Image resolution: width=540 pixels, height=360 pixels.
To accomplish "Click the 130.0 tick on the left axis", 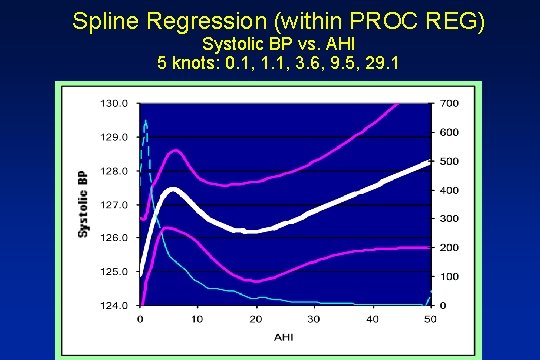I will click(113, 103).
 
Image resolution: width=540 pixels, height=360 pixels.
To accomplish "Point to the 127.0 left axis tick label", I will click(113, 204).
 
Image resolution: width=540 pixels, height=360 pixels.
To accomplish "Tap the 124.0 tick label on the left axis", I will click(113, 305).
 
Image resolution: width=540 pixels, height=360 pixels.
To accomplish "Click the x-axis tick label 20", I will click(256, 319).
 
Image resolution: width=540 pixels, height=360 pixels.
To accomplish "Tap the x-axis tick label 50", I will click(431, 319).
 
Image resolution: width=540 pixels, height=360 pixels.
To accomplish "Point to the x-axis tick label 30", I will click(314, 319).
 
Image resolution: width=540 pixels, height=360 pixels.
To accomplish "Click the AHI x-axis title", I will click(285, 337).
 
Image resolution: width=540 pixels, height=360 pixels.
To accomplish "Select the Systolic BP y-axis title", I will click(84, 204).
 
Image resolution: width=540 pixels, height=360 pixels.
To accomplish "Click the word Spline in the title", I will click(104, 20).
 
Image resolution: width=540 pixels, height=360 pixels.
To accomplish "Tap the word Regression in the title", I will click(201, 20).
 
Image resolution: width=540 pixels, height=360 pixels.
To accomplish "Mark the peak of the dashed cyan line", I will click(145, 121).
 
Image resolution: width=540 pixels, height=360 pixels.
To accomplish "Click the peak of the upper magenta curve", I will click(175, 151).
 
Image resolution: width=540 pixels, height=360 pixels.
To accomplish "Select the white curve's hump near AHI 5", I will click(173, 189).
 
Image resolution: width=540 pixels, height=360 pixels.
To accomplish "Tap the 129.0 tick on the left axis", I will click(113, 137).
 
